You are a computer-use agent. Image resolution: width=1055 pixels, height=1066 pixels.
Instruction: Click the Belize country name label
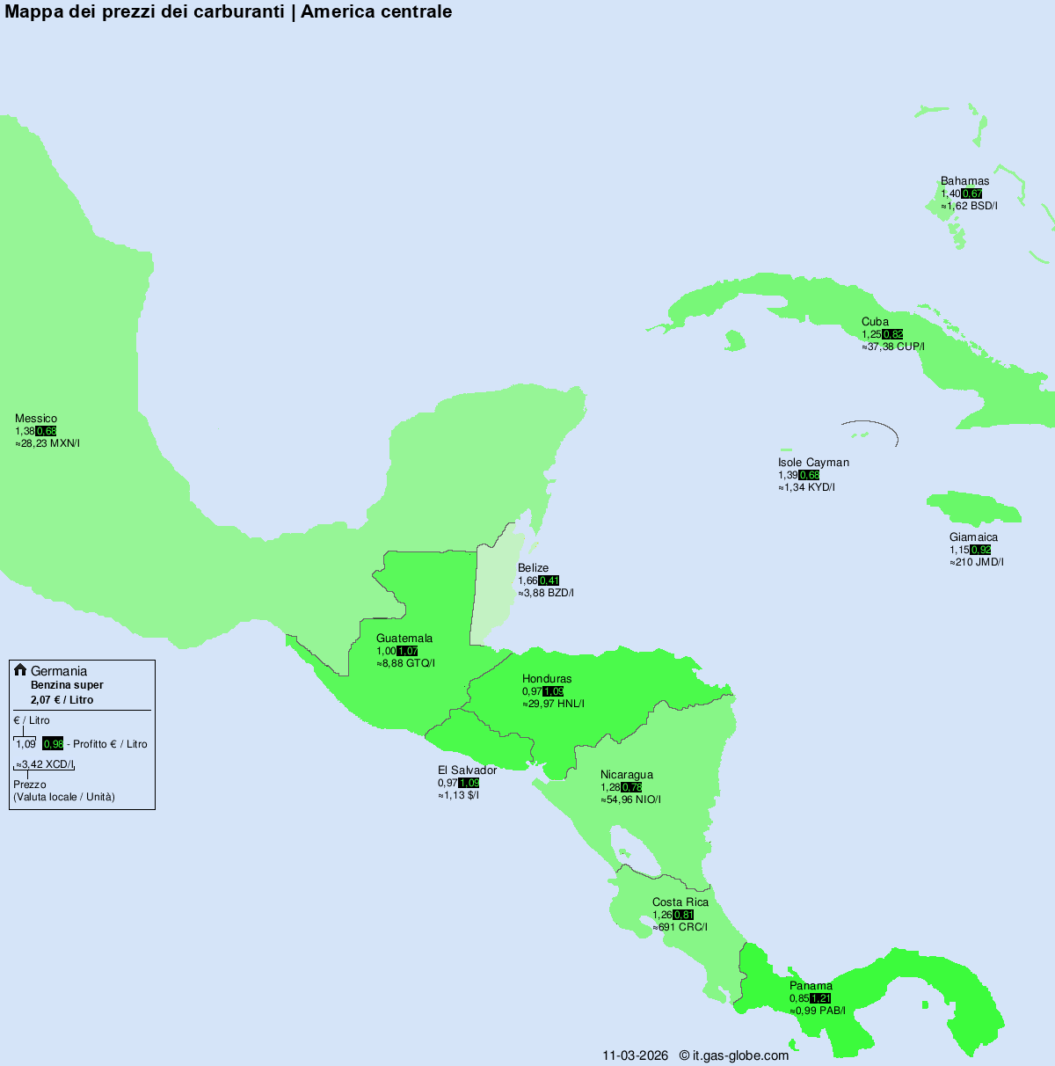click(x=533, y=568)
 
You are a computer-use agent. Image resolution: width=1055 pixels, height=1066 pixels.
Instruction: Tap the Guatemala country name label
click(x=404, y=639)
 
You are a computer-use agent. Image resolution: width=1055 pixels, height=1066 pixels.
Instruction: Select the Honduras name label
click(x=547, y=679)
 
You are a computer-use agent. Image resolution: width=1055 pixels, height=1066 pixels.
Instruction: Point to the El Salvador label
click(x=467, y=770)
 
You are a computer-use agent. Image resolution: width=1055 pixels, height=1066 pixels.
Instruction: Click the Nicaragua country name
click(x=627, y=775)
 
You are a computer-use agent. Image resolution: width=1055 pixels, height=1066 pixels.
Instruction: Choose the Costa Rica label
click(x=680, y=902)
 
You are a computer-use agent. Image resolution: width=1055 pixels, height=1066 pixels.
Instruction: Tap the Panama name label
click(x=811, y=986)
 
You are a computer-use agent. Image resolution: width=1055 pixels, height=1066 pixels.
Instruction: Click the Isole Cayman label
click(x=813, y=463)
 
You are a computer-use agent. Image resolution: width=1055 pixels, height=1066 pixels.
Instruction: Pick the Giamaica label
click(x=973, y=537)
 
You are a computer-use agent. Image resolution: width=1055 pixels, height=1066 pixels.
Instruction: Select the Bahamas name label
click(x=964, y=181)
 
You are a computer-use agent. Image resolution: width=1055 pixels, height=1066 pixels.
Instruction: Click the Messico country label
click(x=36, y=419)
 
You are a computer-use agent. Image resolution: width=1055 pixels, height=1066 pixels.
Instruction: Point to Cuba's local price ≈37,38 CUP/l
click(x=893, y=347)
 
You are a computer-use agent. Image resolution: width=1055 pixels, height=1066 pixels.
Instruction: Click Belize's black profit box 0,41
click(x=549, y=580)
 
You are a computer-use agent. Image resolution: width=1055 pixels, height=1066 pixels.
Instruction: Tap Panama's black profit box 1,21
click(x=821, y=998)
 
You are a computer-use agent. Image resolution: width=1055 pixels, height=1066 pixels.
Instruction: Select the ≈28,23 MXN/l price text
click(x=47, y=443)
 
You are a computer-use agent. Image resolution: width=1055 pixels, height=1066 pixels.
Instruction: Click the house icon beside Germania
click(x=20, y=670)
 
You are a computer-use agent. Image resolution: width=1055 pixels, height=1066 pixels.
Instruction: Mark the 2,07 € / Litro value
click(x=62, y=700)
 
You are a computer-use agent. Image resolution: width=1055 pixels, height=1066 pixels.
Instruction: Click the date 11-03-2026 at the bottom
click(x=635, y=1055)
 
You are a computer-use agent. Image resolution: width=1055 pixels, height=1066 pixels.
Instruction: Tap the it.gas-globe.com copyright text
click(x=734, y=1055)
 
